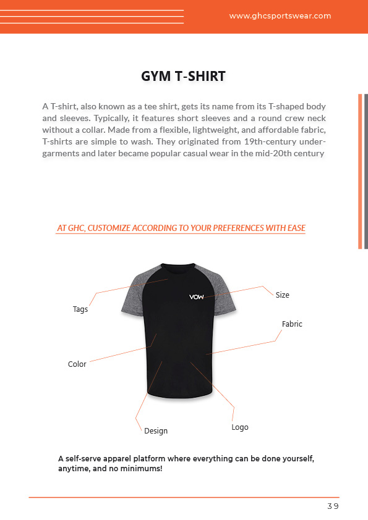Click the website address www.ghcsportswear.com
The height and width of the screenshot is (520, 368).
click(x=280, y=16)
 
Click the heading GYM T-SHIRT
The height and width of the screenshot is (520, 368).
click(x=184, y=77)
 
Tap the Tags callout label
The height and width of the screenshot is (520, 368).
click(x=80, y=309)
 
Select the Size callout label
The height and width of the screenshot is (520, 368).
click(x=282, y=295)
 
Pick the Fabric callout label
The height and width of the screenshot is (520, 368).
click(x=292, y=324)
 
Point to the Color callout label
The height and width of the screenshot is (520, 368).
click(x=77, y=364)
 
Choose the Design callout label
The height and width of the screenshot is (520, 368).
click(x=156, y=431)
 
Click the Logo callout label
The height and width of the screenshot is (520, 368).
click(x=240, y=427)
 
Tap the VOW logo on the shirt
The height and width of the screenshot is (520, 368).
click(x=197, y=297)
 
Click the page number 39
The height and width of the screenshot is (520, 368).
click(x=333, y=506)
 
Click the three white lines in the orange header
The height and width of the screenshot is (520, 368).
click(x=92, y=17)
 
